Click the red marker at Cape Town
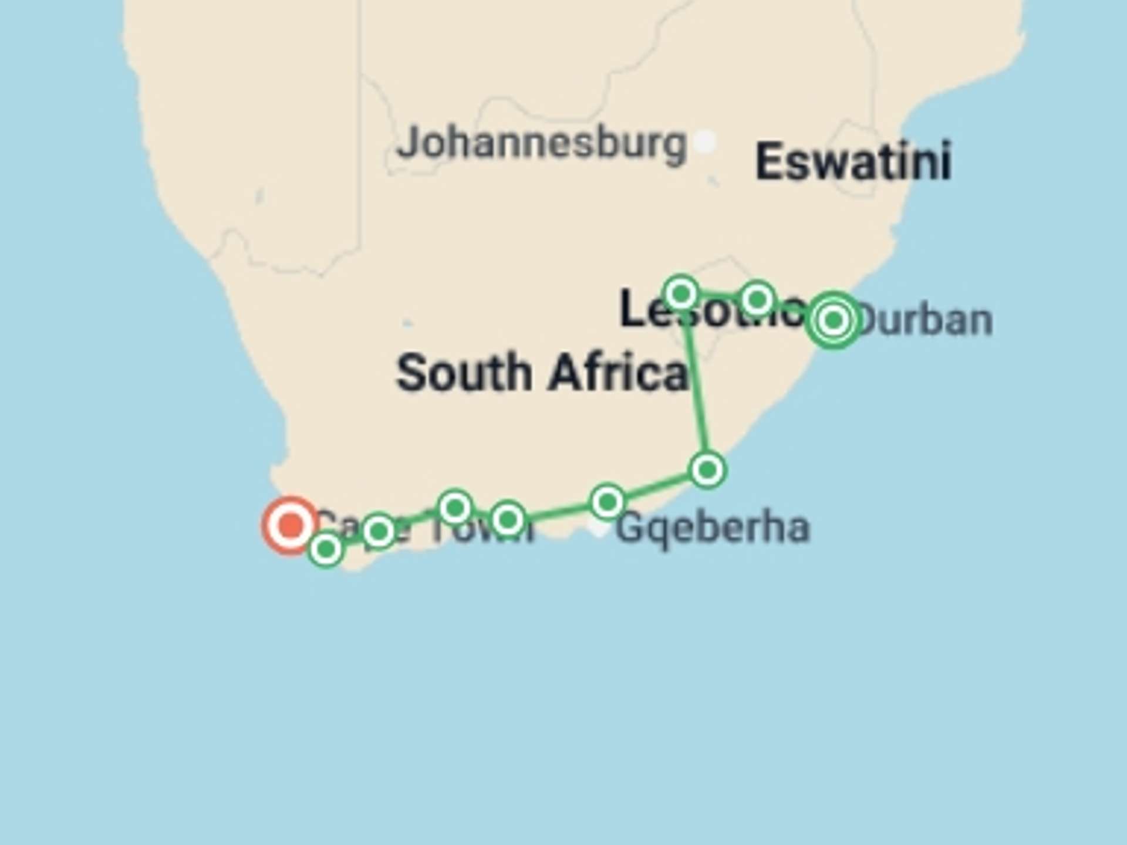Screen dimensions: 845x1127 tap(290, 525)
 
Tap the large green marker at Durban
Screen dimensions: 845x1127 tap(834, 320)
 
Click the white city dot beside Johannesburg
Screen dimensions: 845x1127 tap(704, 141)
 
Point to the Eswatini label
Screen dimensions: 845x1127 tap(853, 161)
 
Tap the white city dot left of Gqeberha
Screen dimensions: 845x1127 tap(598, 527)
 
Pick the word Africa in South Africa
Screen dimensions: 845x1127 tap(618, 373)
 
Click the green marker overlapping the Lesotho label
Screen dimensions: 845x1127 tap(681, 292)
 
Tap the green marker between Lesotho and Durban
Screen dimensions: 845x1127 tap(757, 299)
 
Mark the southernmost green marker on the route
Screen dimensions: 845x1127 tap(326, 549)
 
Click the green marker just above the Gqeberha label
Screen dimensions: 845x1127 tap(608, 502)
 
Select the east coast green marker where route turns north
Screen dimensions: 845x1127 tap(707, 469)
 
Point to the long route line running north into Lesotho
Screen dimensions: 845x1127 tap(697, 387)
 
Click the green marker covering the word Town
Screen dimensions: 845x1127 tap(508, 519)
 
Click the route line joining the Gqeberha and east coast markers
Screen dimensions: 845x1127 tap(657, 486)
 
